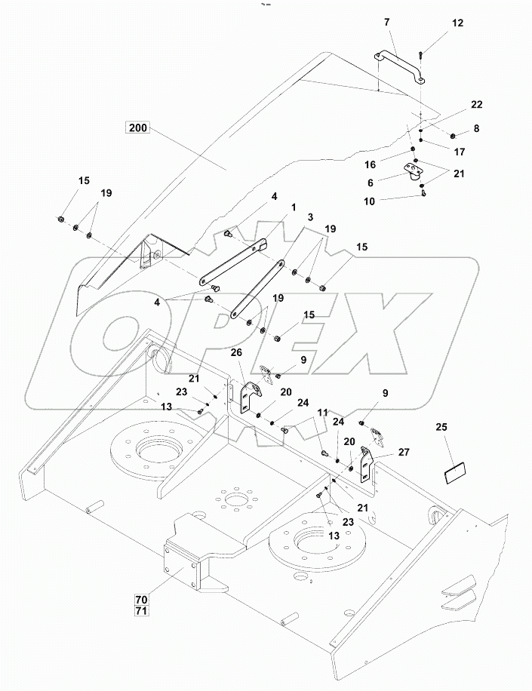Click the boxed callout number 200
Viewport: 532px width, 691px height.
point(138,128)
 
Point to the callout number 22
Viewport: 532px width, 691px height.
point(455,105)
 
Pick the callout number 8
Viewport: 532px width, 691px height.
point(475,129)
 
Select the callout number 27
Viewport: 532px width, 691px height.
point(404,453)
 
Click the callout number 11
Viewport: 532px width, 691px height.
point(323,413)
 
